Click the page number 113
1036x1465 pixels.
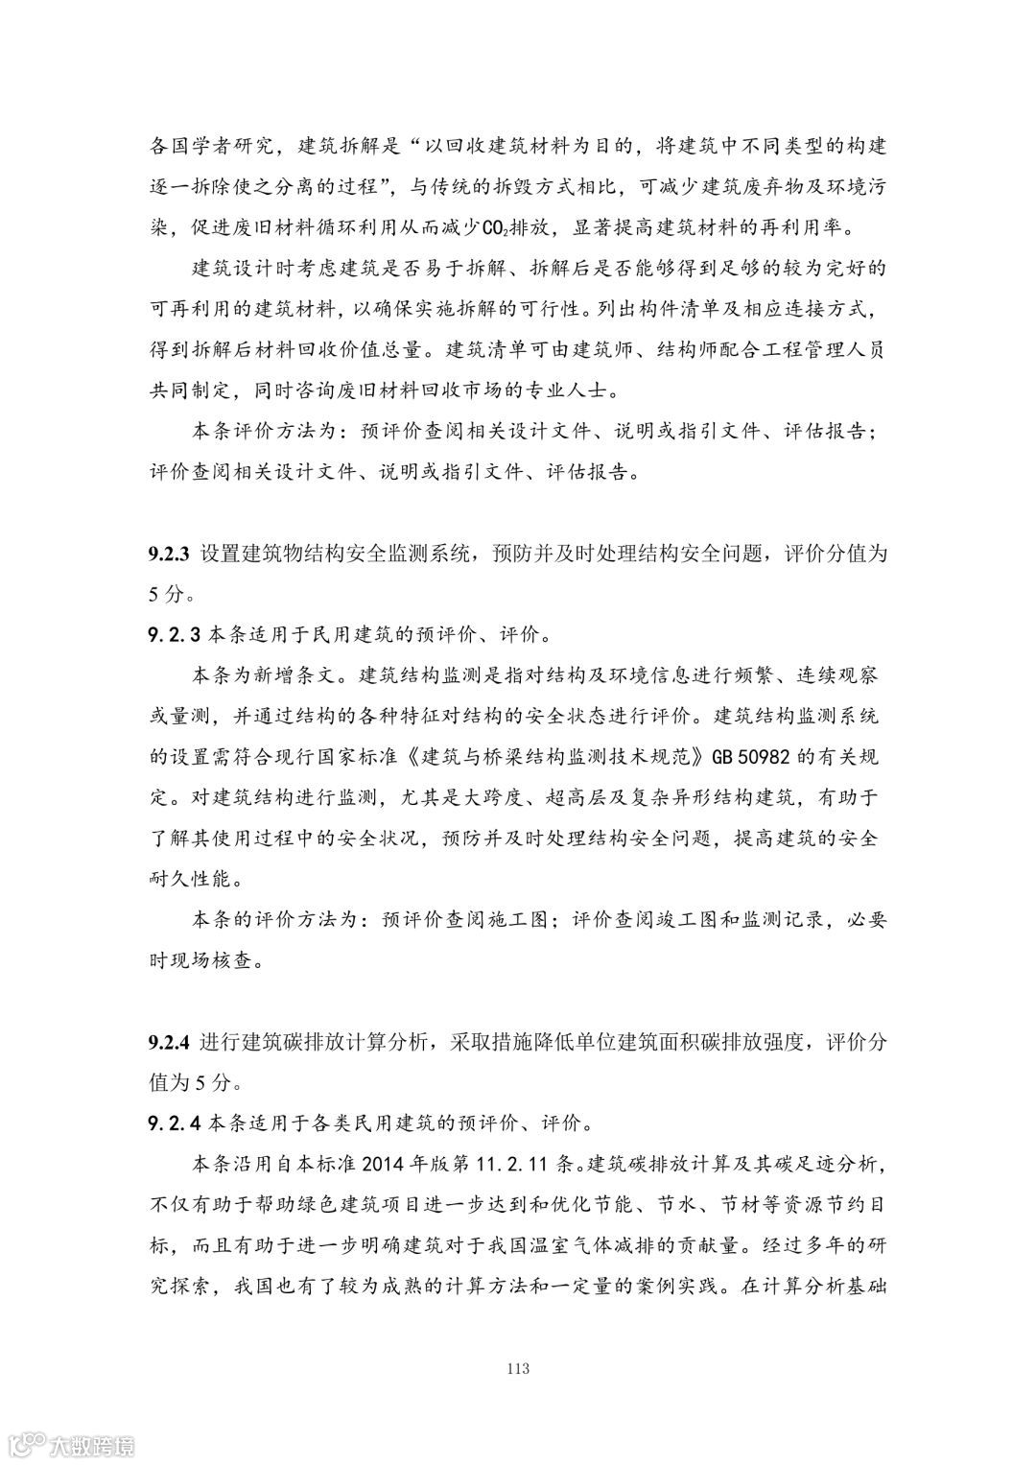coord(517,1368)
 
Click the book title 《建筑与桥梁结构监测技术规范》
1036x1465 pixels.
coord(556,756)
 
